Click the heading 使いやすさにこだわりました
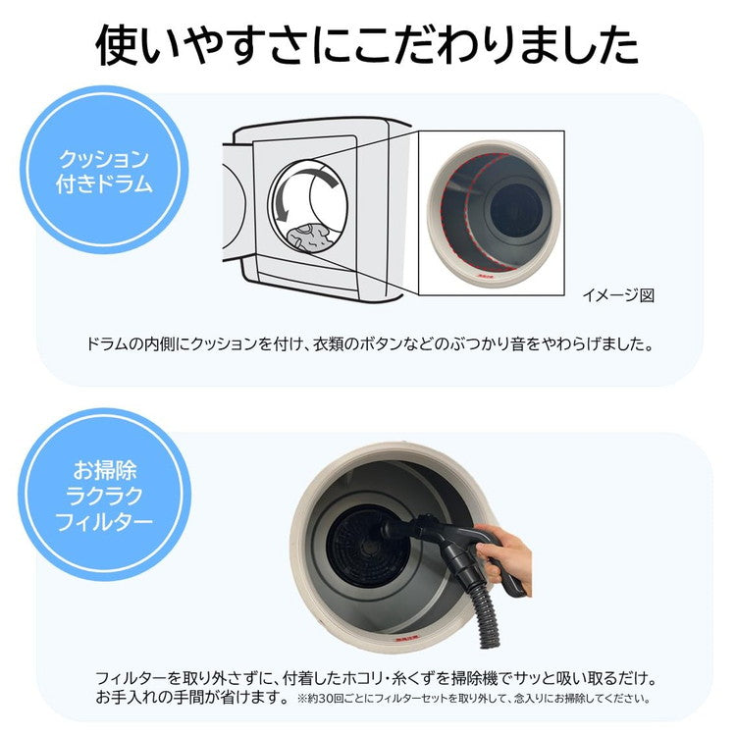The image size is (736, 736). [x=368, y=45]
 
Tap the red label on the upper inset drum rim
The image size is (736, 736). [x=484, y=278]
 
